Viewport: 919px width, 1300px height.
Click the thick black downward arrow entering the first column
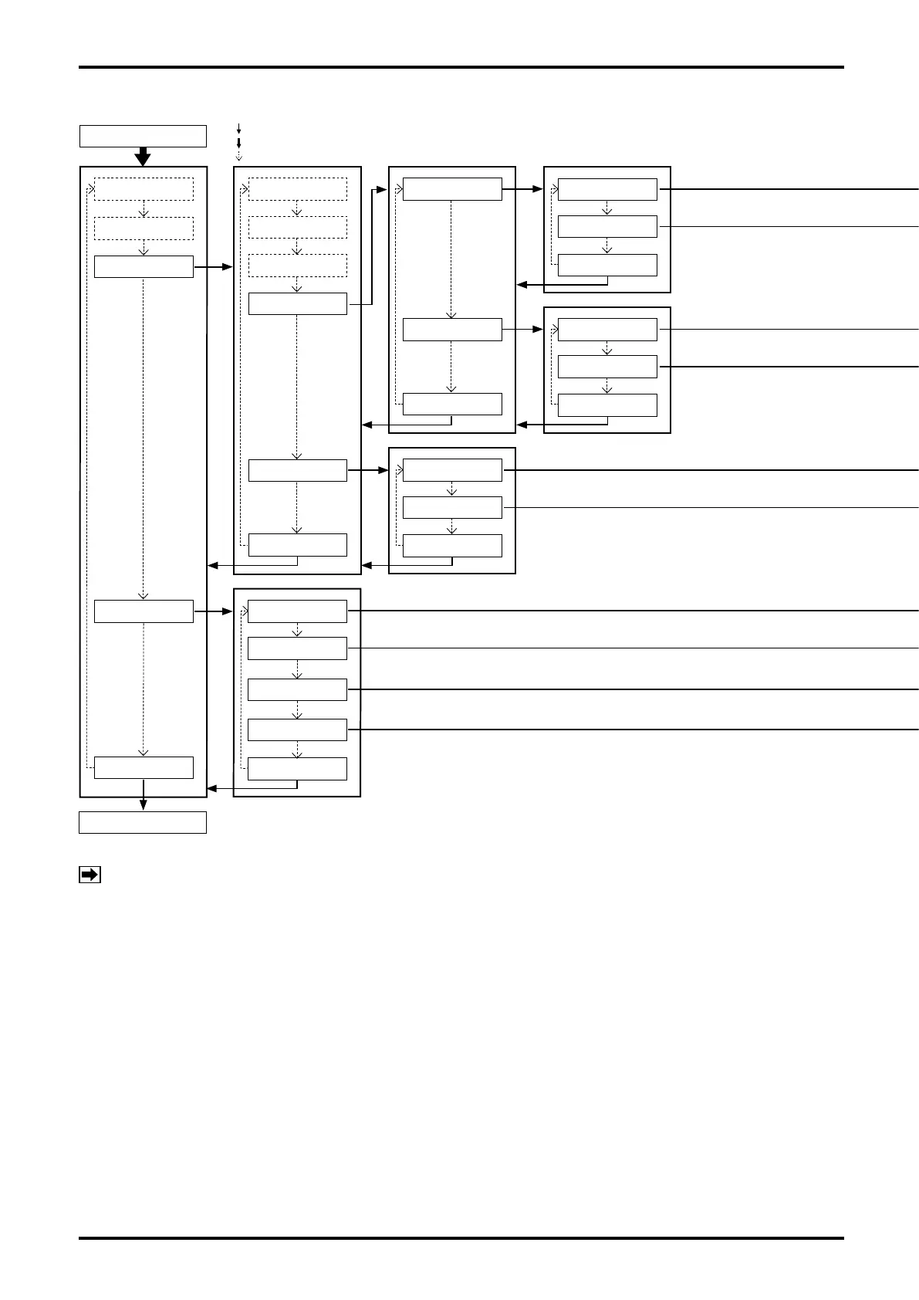coord(143,157)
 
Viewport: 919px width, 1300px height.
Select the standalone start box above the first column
coord(143,136)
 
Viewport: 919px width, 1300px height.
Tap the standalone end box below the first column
coord(143,822)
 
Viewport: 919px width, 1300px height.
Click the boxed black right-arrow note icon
coord(90,875)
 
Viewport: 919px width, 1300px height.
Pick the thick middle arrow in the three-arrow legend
coord(238,143)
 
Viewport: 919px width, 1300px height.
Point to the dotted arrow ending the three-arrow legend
coord(238,155)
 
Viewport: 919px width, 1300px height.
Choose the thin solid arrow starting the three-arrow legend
coord(238,129)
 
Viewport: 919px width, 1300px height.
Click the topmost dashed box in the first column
coord(144,189)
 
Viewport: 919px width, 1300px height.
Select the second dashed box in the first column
coord(144,229)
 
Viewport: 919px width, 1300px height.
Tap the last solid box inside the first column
coord(144,767)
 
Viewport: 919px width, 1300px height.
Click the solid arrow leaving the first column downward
coord(143,803)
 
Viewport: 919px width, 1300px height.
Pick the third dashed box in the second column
coord(297,266)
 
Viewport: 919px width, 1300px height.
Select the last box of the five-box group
coord(297,769)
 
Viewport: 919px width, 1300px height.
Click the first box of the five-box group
coord(297,611)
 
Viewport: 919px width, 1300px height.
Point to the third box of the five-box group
coord(297,689)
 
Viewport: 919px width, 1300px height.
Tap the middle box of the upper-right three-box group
coord(607,226)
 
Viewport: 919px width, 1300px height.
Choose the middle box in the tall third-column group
coord(452,330)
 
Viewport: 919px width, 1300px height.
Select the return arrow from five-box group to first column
coord(255,788)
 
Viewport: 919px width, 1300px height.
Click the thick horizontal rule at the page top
coord(461,67)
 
